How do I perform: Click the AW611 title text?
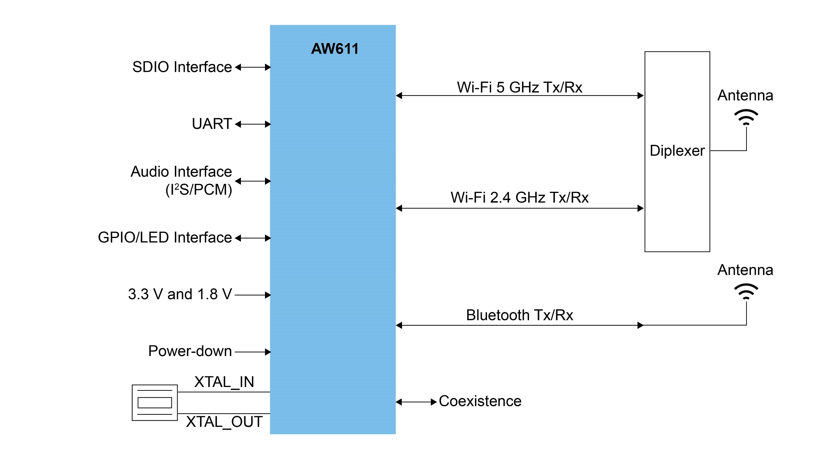(x=335, y=49)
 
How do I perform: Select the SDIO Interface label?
(x=182, y=67)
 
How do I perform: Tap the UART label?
(x=212, y=124)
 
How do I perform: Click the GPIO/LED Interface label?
(x=165, y=238)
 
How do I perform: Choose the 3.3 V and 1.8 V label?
(x=180, y=294)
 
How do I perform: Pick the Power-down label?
(x=190, y=351)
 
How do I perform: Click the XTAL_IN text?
(x=224, y=382)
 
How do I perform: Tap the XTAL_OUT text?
(x=224, y=422)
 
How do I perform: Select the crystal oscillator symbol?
(x=155, y=402)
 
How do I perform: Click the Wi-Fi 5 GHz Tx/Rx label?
(x=519, y=87)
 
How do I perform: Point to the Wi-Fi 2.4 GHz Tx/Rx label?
(x=519, y=198)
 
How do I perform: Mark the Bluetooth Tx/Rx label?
(x=519, y=315)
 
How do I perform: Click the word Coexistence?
(x=480, y=401)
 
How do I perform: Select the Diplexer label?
(x=677, y=151)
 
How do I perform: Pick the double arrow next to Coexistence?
(x=416, y=402)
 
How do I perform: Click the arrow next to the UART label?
(x=253, y=124)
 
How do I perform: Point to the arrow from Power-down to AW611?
(x=253, y=352)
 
